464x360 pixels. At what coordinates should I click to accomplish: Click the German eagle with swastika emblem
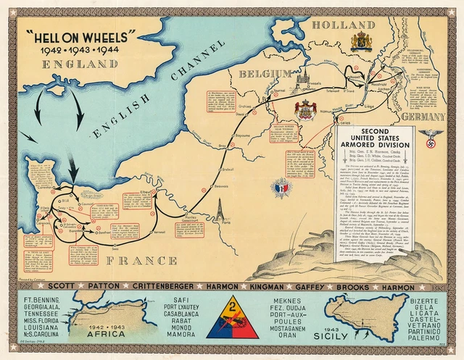[434, 135]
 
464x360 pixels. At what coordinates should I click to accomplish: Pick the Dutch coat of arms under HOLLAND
[360, 41]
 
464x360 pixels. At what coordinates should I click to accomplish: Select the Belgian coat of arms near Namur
[305, 109]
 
